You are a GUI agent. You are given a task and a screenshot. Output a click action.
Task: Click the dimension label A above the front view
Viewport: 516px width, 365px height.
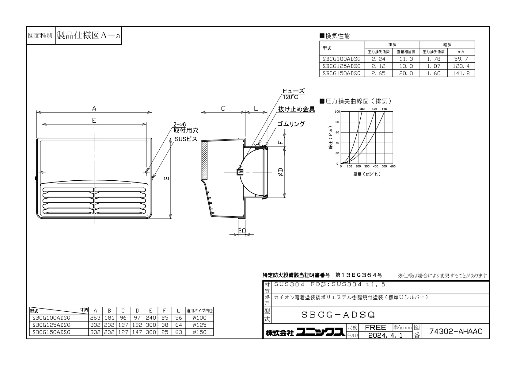point(94,108)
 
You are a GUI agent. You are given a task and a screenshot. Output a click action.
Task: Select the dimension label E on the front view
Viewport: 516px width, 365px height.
point(94,120)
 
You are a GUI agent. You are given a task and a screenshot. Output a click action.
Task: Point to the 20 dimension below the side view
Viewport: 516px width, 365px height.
point(241,231)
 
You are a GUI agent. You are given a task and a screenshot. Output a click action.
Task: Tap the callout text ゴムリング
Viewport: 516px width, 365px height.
point(291,124)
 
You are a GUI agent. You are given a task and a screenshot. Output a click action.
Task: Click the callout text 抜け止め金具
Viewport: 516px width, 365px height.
point(296,109)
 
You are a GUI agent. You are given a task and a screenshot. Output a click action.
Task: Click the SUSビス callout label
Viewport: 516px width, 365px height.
point(186,139)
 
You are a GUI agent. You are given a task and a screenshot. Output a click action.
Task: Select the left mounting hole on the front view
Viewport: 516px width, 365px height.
point(42,172)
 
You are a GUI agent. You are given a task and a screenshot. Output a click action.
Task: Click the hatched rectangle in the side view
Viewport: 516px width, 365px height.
point(205,160)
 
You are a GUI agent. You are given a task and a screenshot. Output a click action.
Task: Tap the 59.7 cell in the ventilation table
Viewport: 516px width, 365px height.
point(461,59)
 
